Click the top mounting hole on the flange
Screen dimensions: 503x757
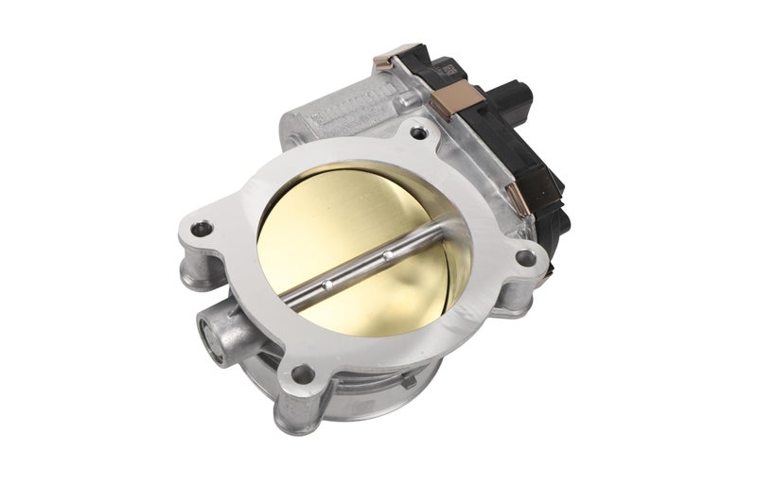416,134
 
